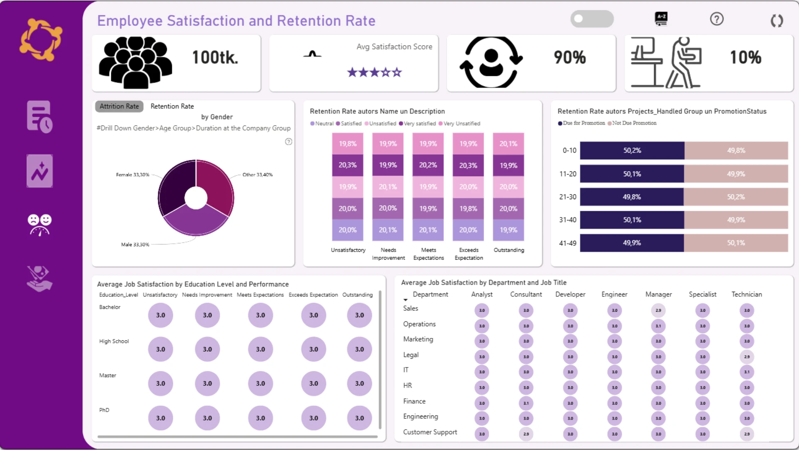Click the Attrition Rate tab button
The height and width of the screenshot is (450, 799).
pos(119,106)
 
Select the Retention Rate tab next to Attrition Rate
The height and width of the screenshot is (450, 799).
pos(172,106)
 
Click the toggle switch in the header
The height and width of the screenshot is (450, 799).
pos(591,19)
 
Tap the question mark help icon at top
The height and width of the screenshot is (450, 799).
pos(717,19)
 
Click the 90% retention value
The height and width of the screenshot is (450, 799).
pos(570,57)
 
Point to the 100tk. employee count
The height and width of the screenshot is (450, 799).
pos(215,57)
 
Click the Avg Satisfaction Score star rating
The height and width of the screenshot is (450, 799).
pos(374,72)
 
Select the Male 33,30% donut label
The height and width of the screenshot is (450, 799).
pos(135,245)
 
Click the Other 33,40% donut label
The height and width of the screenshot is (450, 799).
pos(257,175)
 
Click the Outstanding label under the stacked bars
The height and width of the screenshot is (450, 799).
pos(509,250)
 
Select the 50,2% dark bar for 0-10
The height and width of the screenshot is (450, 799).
pos(632,150)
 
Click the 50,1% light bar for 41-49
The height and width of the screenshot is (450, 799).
pos(735,243)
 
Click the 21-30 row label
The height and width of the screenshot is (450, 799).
pos(568,197)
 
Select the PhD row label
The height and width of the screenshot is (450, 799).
pos(104,410)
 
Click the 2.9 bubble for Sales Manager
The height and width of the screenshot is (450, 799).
pos(658,310)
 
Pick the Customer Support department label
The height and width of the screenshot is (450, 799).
pos(430,432)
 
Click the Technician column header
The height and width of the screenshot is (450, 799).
pos(747,294)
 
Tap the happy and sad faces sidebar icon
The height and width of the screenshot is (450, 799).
pos(40,225)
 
